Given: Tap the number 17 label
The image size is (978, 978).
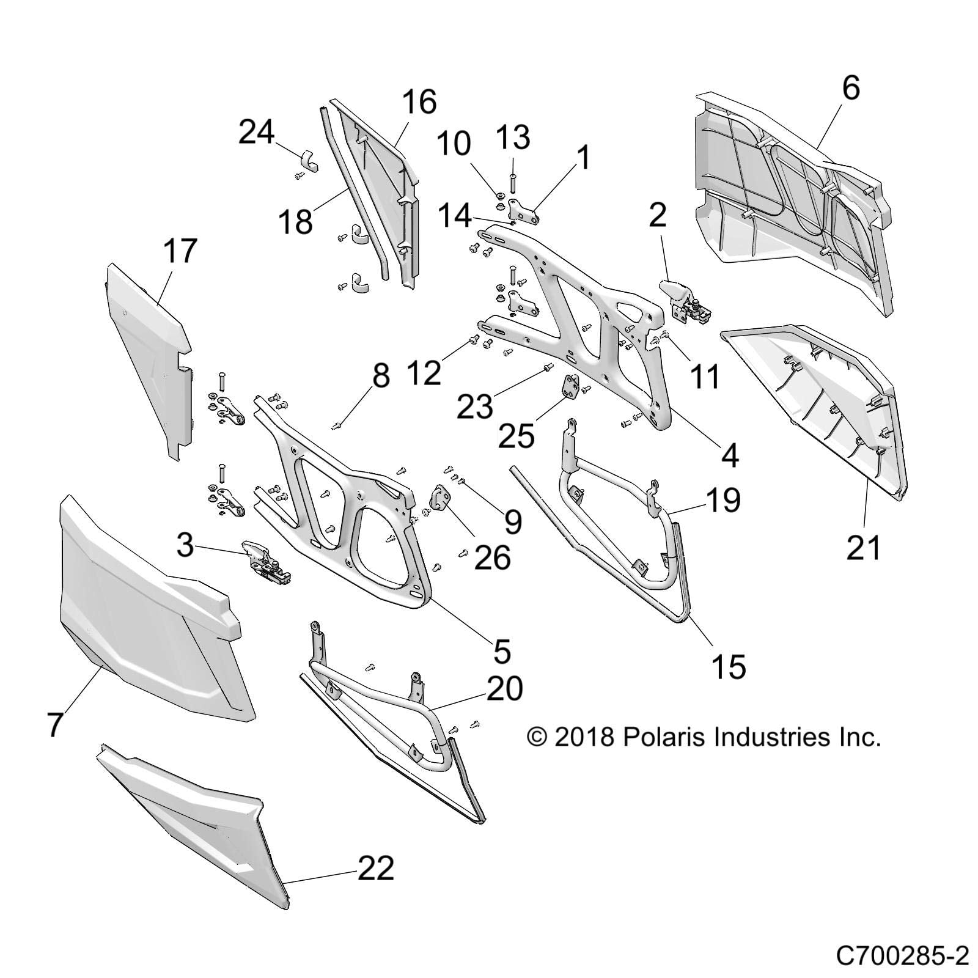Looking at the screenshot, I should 180,252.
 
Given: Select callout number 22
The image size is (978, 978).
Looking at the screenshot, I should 375,869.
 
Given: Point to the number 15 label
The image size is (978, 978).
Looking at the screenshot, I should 729,666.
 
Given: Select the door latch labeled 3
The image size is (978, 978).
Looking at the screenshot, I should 264,558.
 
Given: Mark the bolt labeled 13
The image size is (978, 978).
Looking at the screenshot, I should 512,183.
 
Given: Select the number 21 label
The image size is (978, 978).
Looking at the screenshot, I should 863,547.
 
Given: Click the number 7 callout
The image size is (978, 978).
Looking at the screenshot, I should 55,725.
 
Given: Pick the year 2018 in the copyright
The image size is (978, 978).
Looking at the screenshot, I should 584,737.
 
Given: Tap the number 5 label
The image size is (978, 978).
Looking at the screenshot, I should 501,652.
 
